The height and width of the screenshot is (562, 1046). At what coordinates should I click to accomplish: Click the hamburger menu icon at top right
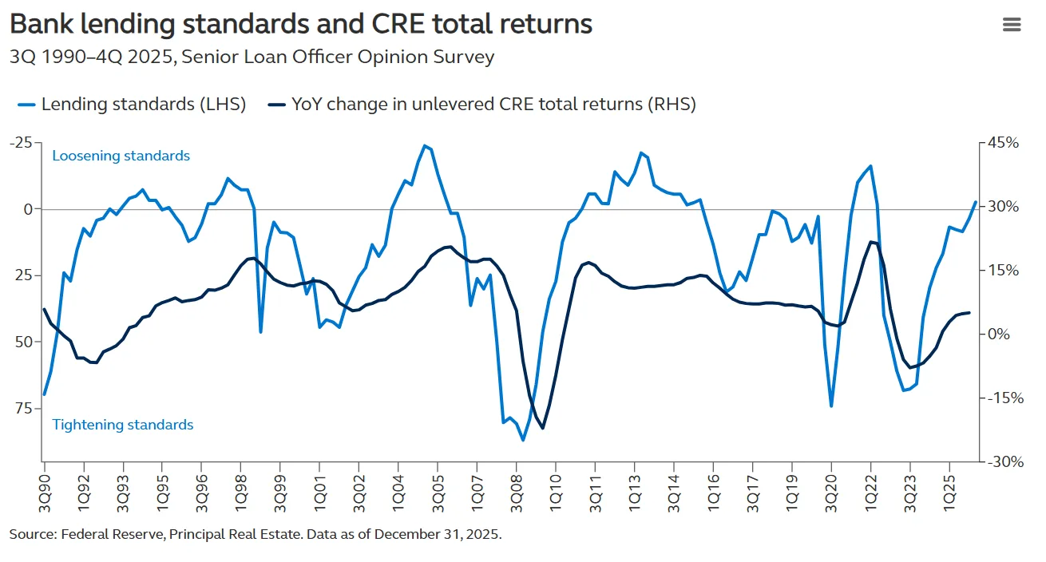click(1011, 25)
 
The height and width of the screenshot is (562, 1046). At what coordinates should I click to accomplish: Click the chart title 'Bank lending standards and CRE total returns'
click(301, 24)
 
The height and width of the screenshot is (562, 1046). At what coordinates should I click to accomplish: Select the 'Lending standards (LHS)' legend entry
click(132, 104)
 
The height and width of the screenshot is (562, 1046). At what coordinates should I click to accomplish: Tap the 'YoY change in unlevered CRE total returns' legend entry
click(482, 104)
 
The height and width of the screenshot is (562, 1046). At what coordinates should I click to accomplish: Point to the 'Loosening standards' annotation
click(121, 156)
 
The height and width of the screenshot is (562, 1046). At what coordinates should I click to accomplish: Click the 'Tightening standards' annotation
click(122, 425)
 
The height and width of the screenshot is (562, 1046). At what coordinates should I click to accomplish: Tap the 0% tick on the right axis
click(999, 334)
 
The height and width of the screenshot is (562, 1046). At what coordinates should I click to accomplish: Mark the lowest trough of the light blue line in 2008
click(523, 440)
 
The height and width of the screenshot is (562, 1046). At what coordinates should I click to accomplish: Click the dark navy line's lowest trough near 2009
click(543, 429)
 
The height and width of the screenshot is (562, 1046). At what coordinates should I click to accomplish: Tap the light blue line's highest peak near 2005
click(424, 145)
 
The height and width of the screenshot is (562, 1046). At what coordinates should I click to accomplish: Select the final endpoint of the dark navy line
click(969, 312)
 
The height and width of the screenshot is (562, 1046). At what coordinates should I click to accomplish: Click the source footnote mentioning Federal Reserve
click(256, 534)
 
